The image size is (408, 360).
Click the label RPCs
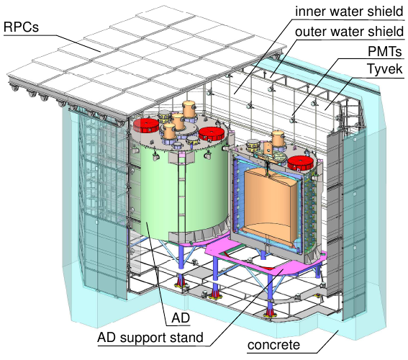[x=21, y=27]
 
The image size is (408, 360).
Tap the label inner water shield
[x=349, y=12]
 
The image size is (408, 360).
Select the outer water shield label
[x=349, y=32]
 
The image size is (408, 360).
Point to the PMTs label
[x=384, y=51]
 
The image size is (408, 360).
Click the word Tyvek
[x=384, y=69]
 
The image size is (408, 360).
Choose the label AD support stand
[x=150, y=338]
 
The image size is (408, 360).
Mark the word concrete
[x=273, y=345]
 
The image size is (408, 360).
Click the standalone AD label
[x=181, y=318]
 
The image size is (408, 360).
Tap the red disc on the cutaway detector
[x=300, y=163]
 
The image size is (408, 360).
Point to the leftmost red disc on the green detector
[x=146, y=125]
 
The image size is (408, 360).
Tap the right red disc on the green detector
[x=212, y=134]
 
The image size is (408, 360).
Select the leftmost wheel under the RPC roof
[x=13, y=86]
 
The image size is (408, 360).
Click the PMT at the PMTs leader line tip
[x=293, y=120]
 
